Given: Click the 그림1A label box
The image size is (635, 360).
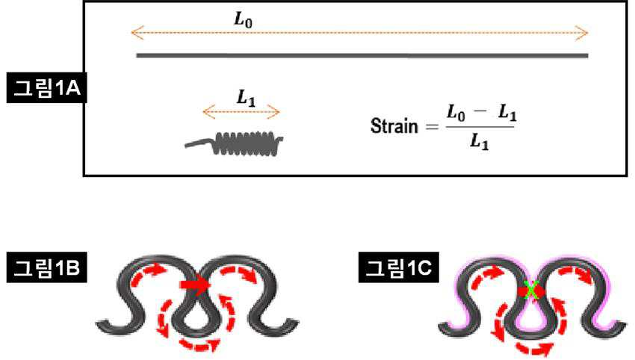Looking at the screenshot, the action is tap(46, 87).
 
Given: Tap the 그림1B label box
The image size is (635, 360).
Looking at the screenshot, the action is tap(46, 267).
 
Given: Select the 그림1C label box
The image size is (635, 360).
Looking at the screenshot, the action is tap(398, 267).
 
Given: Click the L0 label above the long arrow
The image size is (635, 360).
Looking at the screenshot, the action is tap(243, 19).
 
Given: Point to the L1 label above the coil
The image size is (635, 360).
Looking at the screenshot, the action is tap(247, 98).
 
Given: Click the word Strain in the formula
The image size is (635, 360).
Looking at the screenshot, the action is tap(394, 126).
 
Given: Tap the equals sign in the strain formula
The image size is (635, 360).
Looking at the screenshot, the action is tap(432, 127).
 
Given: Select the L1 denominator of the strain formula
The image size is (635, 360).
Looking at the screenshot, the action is tap(480, 142).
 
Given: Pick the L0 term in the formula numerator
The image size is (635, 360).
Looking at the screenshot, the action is tap(456, 113).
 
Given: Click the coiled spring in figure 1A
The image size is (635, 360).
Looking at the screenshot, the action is tap(248, 143).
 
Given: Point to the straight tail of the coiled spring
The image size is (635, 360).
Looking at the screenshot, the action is tap(199, 143).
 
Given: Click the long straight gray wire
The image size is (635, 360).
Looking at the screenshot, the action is tap(362, 55).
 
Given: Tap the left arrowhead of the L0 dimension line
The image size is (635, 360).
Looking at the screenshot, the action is tap(137, 33).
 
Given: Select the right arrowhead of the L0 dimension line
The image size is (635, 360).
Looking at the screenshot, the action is tap(582, 33).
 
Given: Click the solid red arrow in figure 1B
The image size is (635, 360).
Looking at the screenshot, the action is tap(195, 285).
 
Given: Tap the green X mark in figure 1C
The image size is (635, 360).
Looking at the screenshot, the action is tap(530, 291).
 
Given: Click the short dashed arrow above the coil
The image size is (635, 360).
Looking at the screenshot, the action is tap(241, 112).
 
